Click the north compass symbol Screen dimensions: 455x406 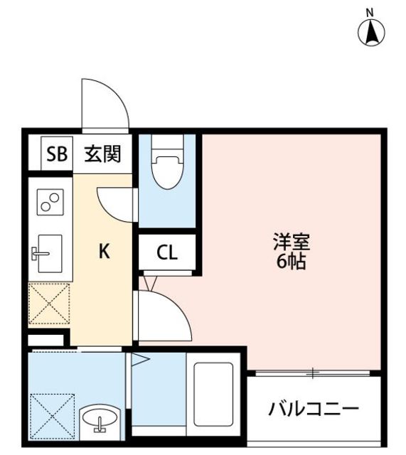point(371,32)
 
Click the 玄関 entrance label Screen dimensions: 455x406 point(102,154)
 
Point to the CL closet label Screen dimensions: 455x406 point(168,252)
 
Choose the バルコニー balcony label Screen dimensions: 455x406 point(314,409)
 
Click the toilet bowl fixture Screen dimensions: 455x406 point(167,168)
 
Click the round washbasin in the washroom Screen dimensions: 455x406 point(100,422)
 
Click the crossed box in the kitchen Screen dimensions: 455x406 point(48,304)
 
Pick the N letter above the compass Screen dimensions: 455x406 point(370,12)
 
